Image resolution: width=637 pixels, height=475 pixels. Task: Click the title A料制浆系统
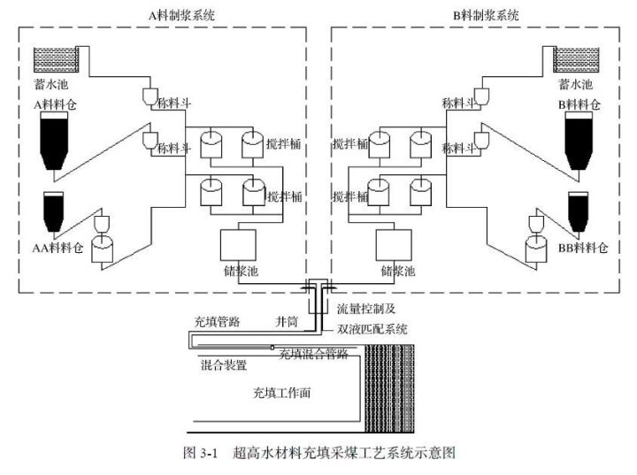click(183, 14)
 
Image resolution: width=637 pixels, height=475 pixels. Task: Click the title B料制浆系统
click(484, 14)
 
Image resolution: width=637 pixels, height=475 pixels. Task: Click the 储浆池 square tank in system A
click(238, 245)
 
